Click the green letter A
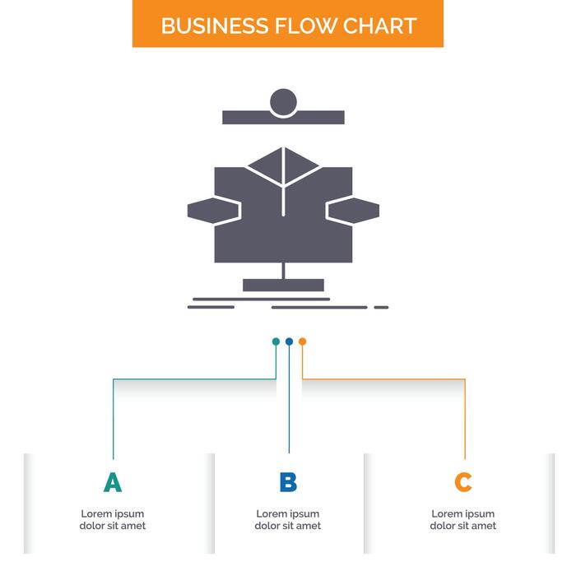tap(113, 483)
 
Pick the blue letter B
tap(288, 483)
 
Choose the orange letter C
tap(463, 483)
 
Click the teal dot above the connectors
tap(276, 341)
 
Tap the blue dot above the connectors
tap(289, 341)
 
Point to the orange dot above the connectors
tap(302, 341)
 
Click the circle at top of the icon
tap(283, 102)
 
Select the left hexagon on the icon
tap(213, 210)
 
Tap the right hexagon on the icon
tap(353, 210)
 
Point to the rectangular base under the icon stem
tap(283, 285)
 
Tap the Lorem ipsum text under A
tap(113, 520)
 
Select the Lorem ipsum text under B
tap(288, 520)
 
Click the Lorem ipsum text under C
tap(463, 520)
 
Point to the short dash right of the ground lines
tap(381, 307)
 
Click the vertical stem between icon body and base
tap(283, 271)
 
